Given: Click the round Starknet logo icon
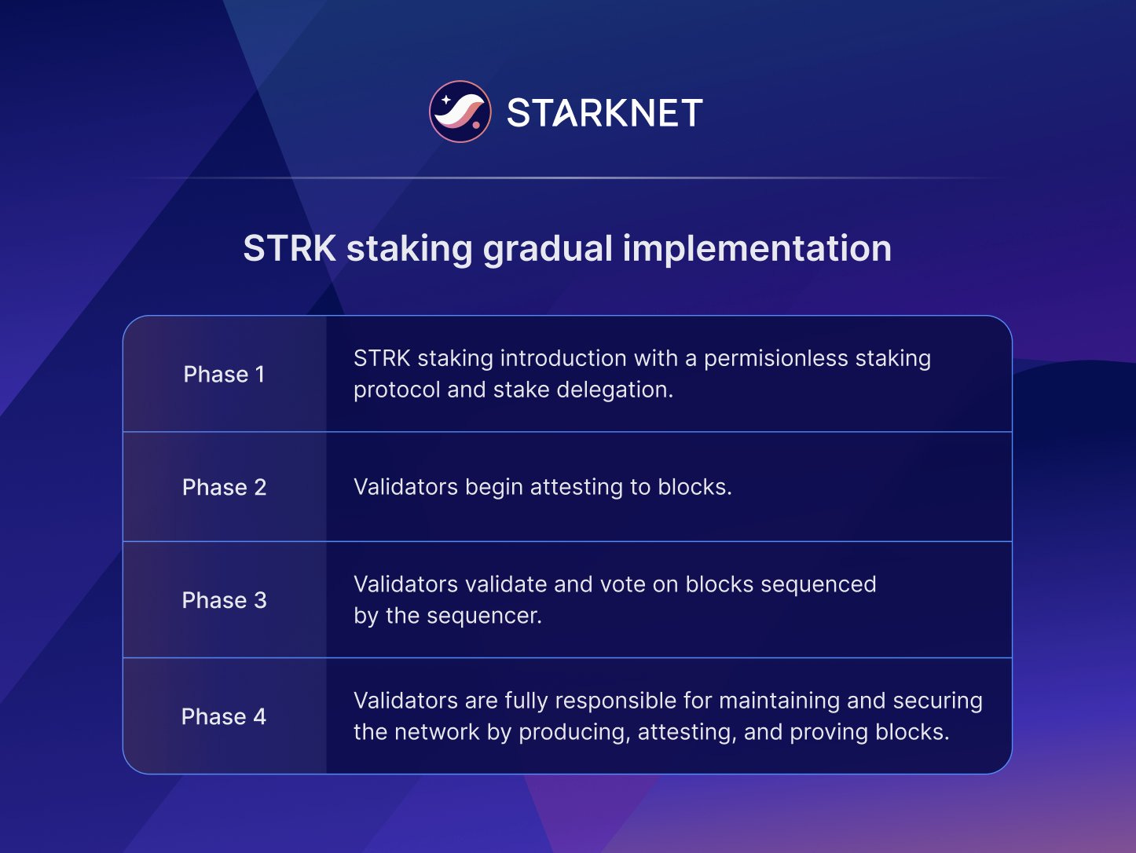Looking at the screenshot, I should point(460,112).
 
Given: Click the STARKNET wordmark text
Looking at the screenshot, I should point(604,113).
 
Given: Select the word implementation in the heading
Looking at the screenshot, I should point(757,248).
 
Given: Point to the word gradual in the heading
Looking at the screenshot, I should point(548,248).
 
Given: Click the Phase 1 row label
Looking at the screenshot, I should point(224,374).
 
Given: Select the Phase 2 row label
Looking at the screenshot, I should point(224,487).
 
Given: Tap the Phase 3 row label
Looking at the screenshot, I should point(224,600).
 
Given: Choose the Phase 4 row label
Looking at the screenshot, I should point(224,716).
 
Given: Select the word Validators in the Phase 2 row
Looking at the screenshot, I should point(405,487).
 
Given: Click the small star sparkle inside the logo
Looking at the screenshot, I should point(445,100).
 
